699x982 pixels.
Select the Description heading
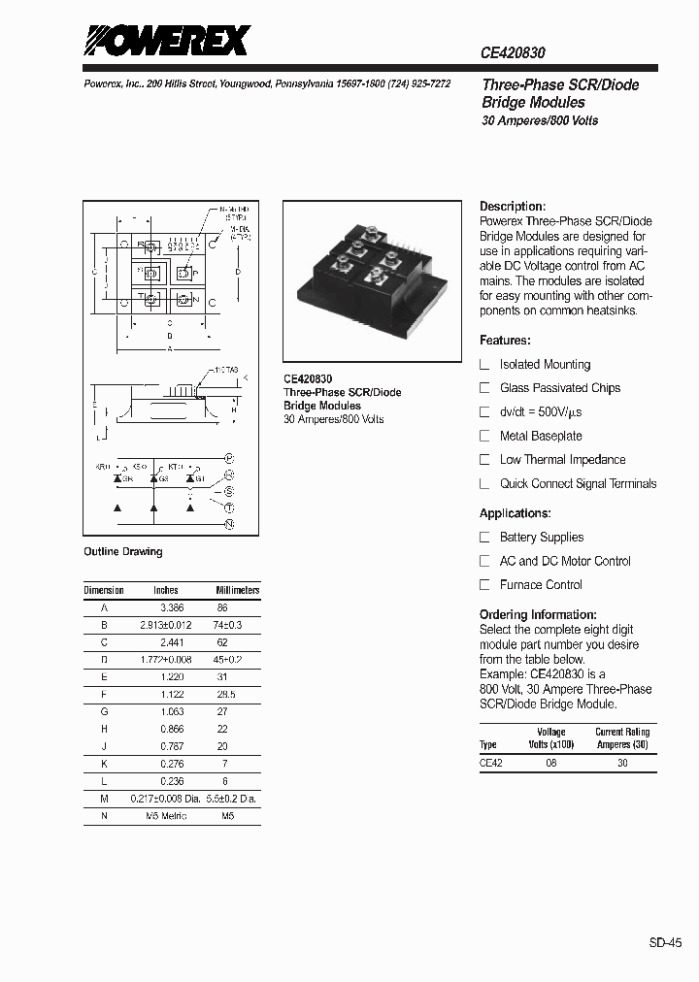tap(513, 207)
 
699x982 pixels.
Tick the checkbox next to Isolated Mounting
tap(485, 365)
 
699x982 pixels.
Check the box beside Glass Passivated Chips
tap(485, 388)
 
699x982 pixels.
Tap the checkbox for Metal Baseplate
tap(485, 437)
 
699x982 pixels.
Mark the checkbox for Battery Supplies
tap(485, 538)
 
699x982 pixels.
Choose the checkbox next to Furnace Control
tap(485, 585)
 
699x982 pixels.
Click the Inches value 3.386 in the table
tap(172, 607)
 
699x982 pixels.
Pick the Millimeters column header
tap(237, 590)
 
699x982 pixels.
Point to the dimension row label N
tap(104, 816)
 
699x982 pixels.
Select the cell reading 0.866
tap(172, 730)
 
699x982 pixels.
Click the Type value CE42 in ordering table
tap(491, 764)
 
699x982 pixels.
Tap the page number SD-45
tap(665, 941)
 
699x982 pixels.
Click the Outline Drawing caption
tap(122, 552)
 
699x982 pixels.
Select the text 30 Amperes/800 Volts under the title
tap(540, 121)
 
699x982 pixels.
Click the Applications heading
tap(515, 513)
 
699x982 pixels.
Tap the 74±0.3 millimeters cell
tap(227, 626)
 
